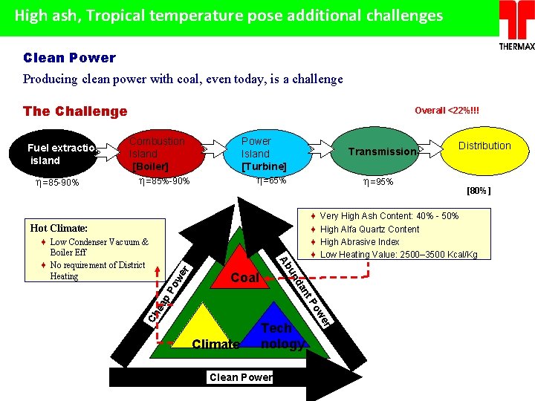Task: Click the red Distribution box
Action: pos(484,146)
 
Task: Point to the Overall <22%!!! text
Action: pos(447,111)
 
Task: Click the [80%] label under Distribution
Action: pos(479,191)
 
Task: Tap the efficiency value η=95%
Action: pos(377,181)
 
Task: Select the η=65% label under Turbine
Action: pos(271,180)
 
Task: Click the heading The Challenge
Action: pos(75,111)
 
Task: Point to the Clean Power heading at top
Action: pos(69,58)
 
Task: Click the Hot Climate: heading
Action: pos(59,228)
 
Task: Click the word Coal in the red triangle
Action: pos(244,278)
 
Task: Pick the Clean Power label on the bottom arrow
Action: pos(241,377)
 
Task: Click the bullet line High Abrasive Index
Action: pos(360,242)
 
